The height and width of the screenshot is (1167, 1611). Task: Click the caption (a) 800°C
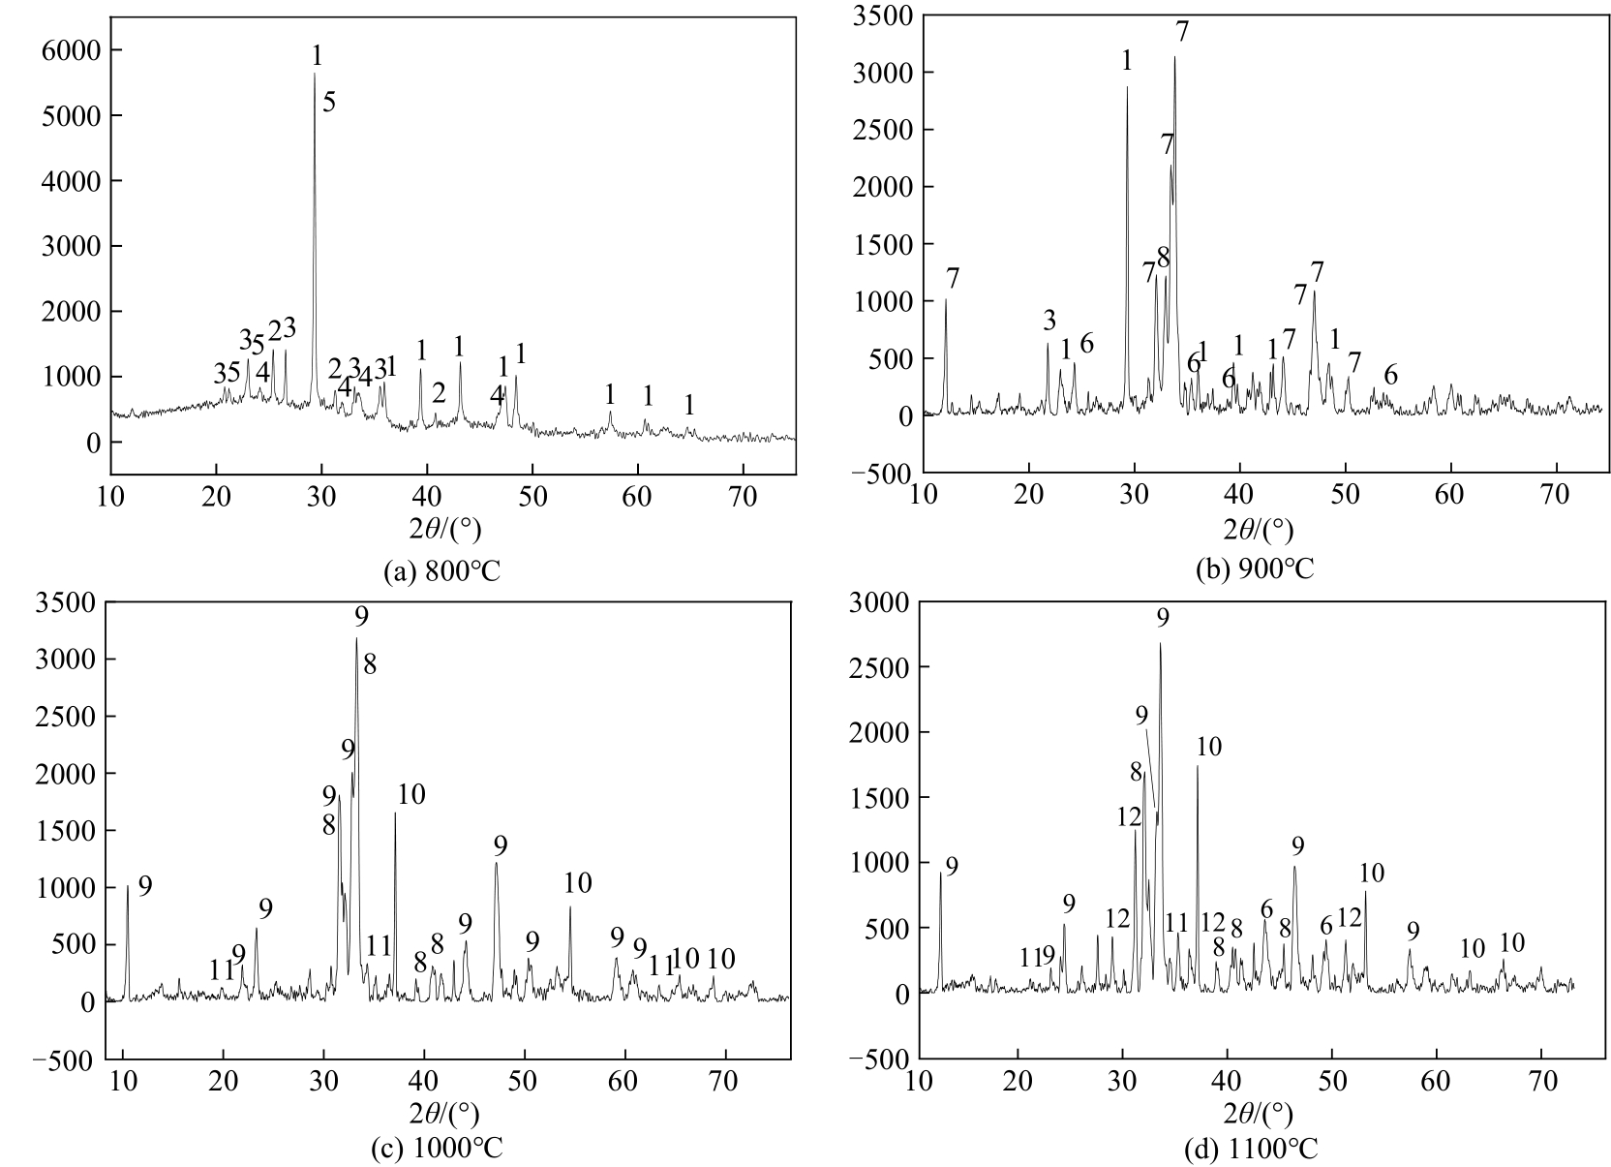coord(442,571)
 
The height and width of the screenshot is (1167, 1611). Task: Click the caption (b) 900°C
coord(1255,568)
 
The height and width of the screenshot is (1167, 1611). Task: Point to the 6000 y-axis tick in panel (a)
coord(71,50)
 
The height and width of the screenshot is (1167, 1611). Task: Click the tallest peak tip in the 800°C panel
coord(315,75)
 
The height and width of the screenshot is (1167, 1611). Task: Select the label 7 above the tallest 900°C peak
coord(1182,32)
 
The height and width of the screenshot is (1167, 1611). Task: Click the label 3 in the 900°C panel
coord(1049,321)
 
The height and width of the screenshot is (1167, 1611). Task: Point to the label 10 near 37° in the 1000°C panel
coord(410,795)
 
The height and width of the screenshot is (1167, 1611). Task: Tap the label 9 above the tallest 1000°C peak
coord(361,617)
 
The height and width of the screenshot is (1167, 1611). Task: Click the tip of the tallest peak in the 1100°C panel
coord(1160,644)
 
